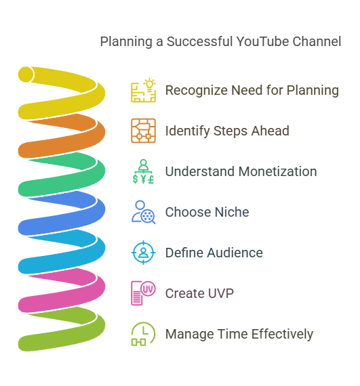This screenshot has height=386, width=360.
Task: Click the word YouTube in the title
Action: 262,41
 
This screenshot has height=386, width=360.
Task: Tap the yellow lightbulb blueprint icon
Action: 143,90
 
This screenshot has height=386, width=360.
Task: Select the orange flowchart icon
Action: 143,131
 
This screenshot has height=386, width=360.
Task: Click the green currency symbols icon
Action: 143,171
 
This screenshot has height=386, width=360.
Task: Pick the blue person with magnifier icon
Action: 143,212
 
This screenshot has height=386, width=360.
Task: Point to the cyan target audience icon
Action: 143,253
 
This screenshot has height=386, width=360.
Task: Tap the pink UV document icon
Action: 143,293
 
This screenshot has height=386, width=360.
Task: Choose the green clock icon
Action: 143,334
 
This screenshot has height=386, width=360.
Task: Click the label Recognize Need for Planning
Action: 252,90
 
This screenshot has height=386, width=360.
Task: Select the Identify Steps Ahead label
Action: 227,131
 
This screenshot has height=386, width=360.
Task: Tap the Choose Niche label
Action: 207,212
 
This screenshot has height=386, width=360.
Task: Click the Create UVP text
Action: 199,293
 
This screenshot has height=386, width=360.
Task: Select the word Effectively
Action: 282,335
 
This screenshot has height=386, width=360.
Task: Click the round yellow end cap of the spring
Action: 26,74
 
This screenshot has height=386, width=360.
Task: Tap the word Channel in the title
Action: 317,41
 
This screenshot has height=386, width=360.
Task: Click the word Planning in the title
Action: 126,42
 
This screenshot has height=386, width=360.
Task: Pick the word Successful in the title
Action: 199,41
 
